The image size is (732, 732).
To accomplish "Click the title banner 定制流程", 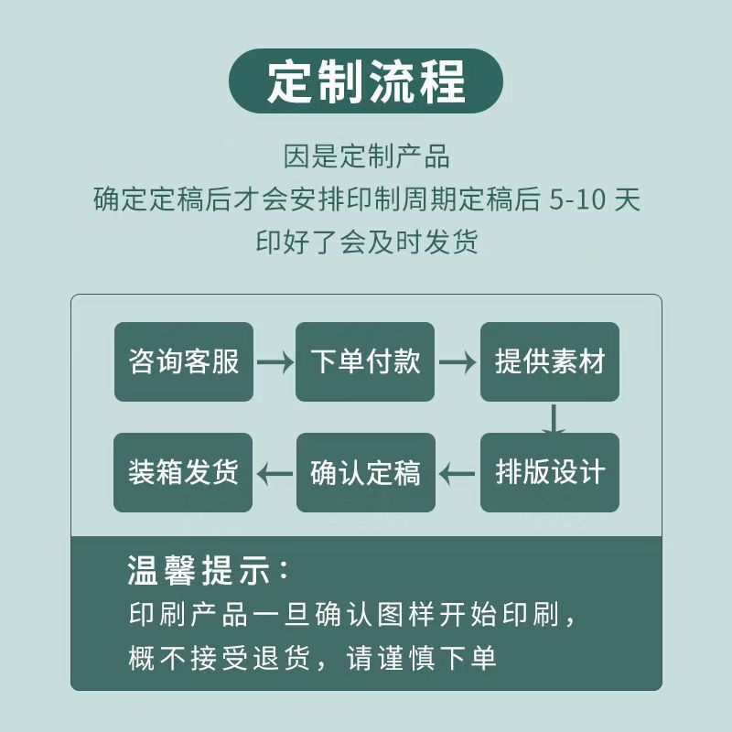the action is pyautogui.click(x=365, y=81).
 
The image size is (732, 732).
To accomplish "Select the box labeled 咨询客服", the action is pyautogui.click(x=184, y=361).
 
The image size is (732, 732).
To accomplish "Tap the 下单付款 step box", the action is pyautogui.click(x=365, y=361).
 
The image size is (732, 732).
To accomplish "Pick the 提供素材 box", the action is pyautogui.click(x=550, y=361).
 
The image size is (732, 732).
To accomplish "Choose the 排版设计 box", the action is pyautogui.click(x=550, y=472).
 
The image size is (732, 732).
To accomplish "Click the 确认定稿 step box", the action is pyautogui.click(x=366, y=472).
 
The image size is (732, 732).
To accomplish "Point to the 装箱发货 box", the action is pyautogui.click(x=183, y=472).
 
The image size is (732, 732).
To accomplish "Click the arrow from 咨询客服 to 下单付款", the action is pyautogui.click(x=275, y=362).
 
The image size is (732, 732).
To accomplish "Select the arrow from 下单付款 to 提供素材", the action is pyautogui.click(x=457, y=362).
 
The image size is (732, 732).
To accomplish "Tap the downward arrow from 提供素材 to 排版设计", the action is pyautogui.click(x=554, y=419).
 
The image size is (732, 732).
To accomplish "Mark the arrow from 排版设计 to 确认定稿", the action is pyautogui.click(x=457, y=474).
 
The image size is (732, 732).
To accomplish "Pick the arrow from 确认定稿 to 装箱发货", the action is pyautogui.click(x=275, y=474).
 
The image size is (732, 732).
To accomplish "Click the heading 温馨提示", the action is pyautogui.click(x=208, y=570).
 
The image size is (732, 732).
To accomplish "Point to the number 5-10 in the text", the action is pyautogui.click(x=577, y=199).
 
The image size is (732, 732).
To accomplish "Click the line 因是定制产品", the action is pyautogui.click(x=367, y=156).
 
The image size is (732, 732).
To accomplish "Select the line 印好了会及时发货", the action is pyautogui.click(x=367, y=242).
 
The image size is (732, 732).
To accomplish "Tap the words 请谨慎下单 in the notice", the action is pyautogui.click(x=421, y=658).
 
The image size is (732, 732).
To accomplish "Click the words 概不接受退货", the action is pyautogui.click(x=220, y=658).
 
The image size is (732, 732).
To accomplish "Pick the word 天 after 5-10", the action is pyautogui.click(x=627, y=199).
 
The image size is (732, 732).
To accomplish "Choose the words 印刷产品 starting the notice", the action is pyautogui.click(x=188, y=614).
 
